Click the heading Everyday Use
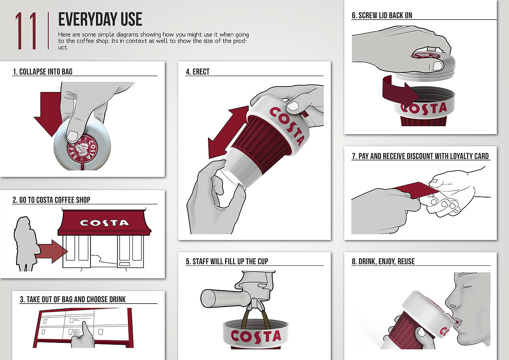tap(100, 19)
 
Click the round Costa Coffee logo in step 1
tap(82, 149)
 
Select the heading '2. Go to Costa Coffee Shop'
tap(51, 200)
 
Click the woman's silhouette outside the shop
tap(25, 244)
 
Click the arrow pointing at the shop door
tap(52, 251)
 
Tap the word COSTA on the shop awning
tap(104, 223)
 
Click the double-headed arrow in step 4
tap(228, 132)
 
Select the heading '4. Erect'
tap(197, 72)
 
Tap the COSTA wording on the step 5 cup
tap(256, 336)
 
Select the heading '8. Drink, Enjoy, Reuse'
tap(383, 261)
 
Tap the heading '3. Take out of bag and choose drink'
tap(73, 299)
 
